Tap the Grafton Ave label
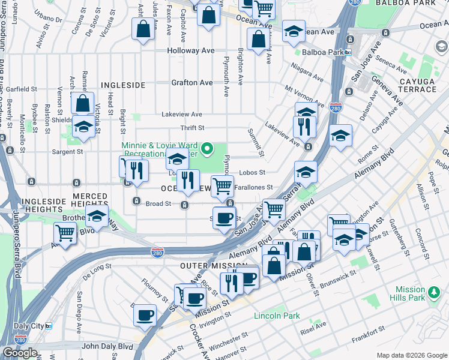click(192, 83)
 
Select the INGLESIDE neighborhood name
click(123, 86)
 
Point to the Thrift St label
click(193, 128)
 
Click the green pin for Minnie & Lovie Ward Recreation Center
click(208, 148)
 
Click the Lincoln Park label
click(277, 316)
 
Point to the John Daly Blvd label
click(107, 346)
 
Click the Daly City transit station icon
click(49, 326)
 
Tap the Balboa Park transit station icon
click(348, 53)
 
